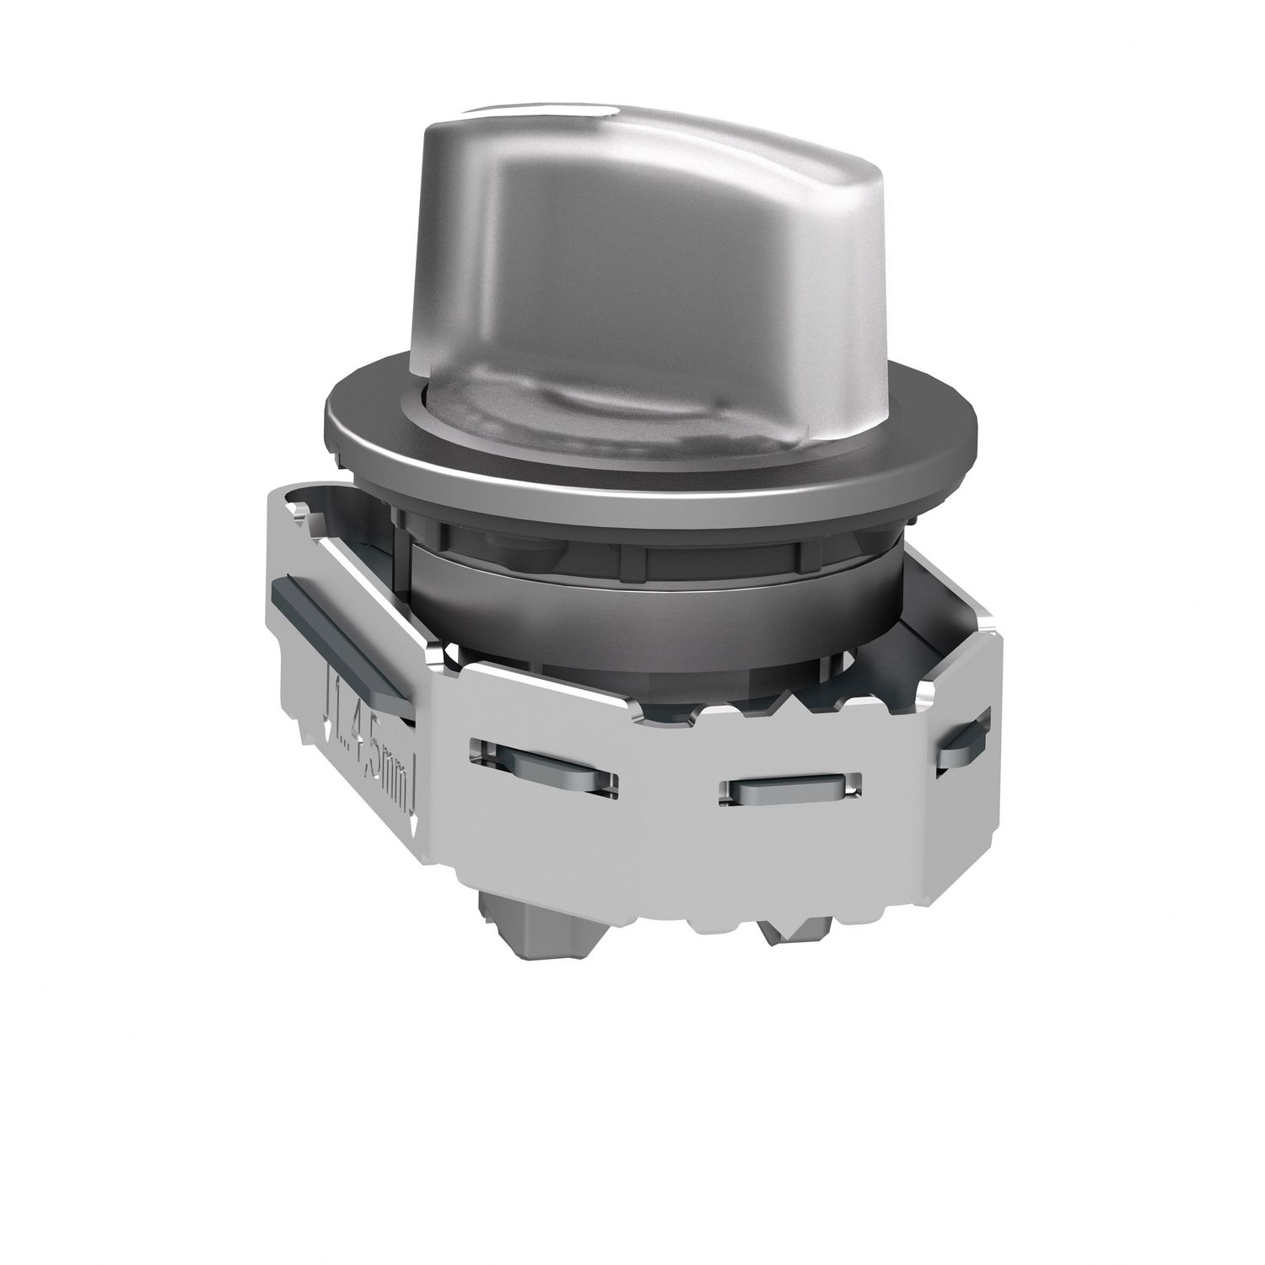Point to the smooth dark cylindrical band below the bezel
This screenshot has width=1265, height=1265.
coord(658,599)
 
